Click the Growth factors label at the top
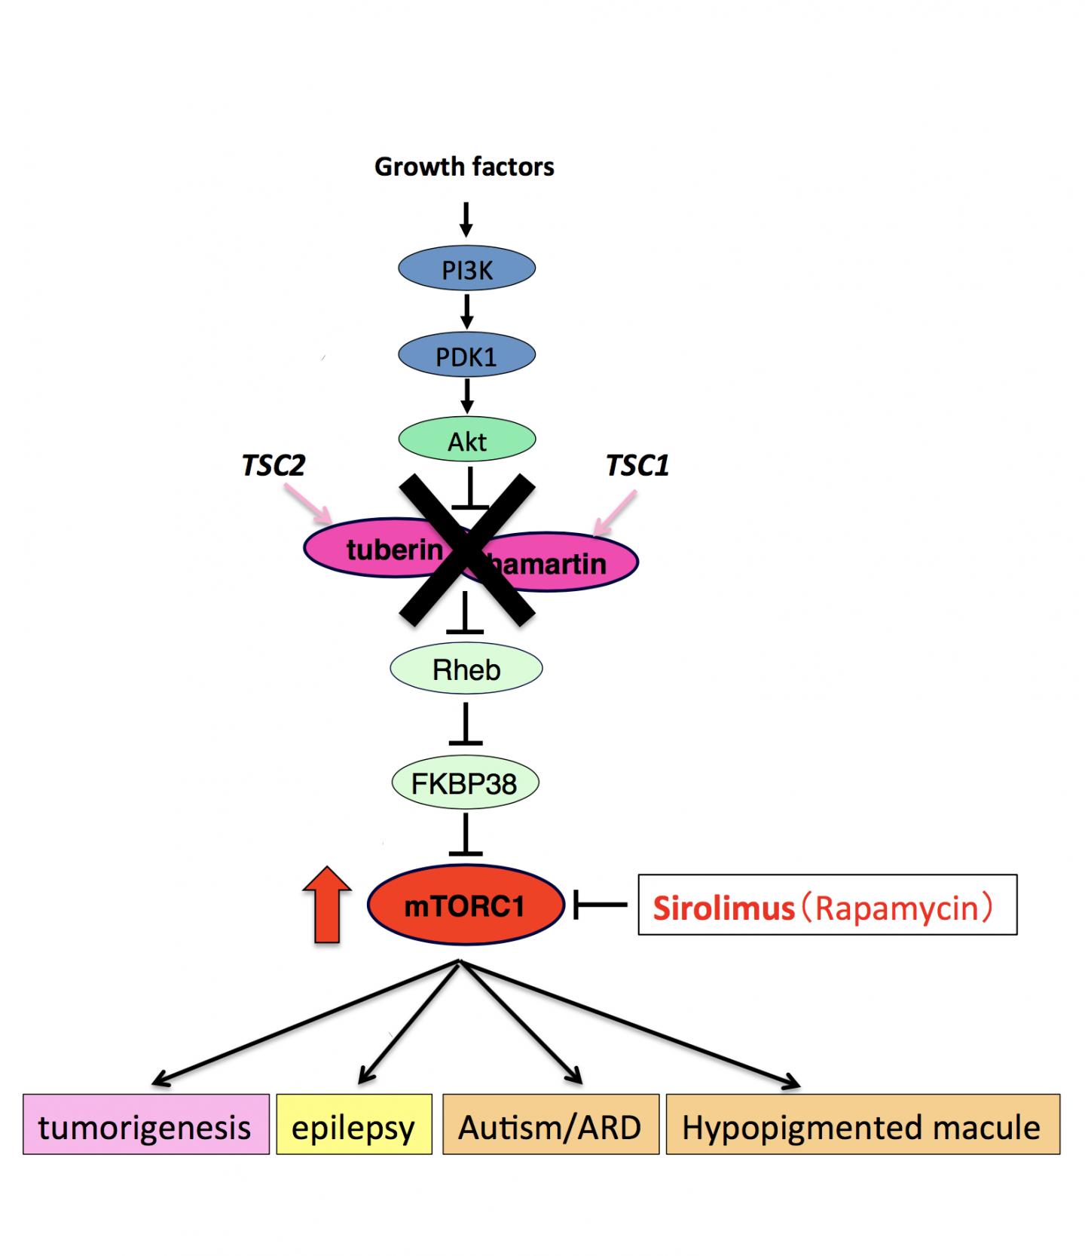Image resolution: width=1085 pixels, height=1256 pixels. point(464,167)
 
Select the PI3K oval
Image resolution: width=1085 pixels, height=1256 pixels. point(466,269)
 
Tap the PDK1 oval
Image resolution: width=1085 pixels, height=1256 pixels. point(466,355)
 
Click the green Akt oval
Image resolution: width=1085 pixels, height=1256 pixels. point(466,440)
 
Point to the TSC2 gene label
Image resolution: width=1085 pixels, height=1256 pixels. point(273,465)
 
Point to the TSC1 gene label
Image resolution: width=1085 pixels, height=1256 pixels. point(637,465)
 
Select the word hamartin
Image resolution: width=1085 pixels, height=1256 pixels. point(554,564)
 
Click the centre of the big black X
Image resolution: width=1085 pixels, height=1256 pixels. point(467,550)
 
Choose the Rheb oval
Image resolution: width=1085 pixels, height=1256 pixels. point(466,669)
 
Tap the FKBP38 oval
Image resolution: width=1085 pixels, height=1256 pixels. point(465,783)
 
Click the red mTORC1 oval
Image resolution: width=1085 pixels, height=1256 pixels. point(466,905)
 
